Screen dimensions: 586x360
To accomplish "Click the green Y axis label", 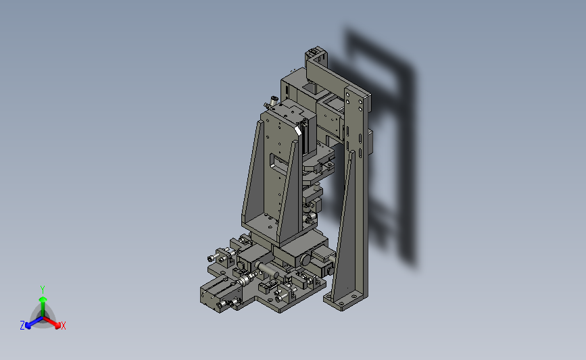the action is pos(43,290).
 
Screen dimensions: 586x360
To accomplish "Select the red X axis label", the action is pos(63,326).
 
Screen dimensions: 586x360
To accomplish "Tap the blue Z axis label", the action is pos(22,326).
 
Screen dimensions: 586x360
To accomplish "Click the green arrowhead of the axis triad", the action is pos(43,299).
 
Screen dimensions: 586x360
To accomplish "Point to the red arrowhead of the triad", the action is pos(57,326).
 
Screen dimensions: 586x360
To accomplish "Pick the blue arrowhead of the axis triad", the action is pos(28,326).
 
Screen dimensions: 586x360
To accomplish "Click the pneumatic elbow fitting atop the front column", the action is pos(272,101).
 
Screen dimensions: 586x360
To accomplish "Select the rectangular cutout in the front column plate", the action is pos(278,163).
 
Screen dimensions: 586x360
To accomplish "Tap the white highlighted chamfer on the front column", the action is pos(298,130).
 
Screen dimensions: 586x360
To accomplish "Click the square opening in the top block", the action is pos(310,88).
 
